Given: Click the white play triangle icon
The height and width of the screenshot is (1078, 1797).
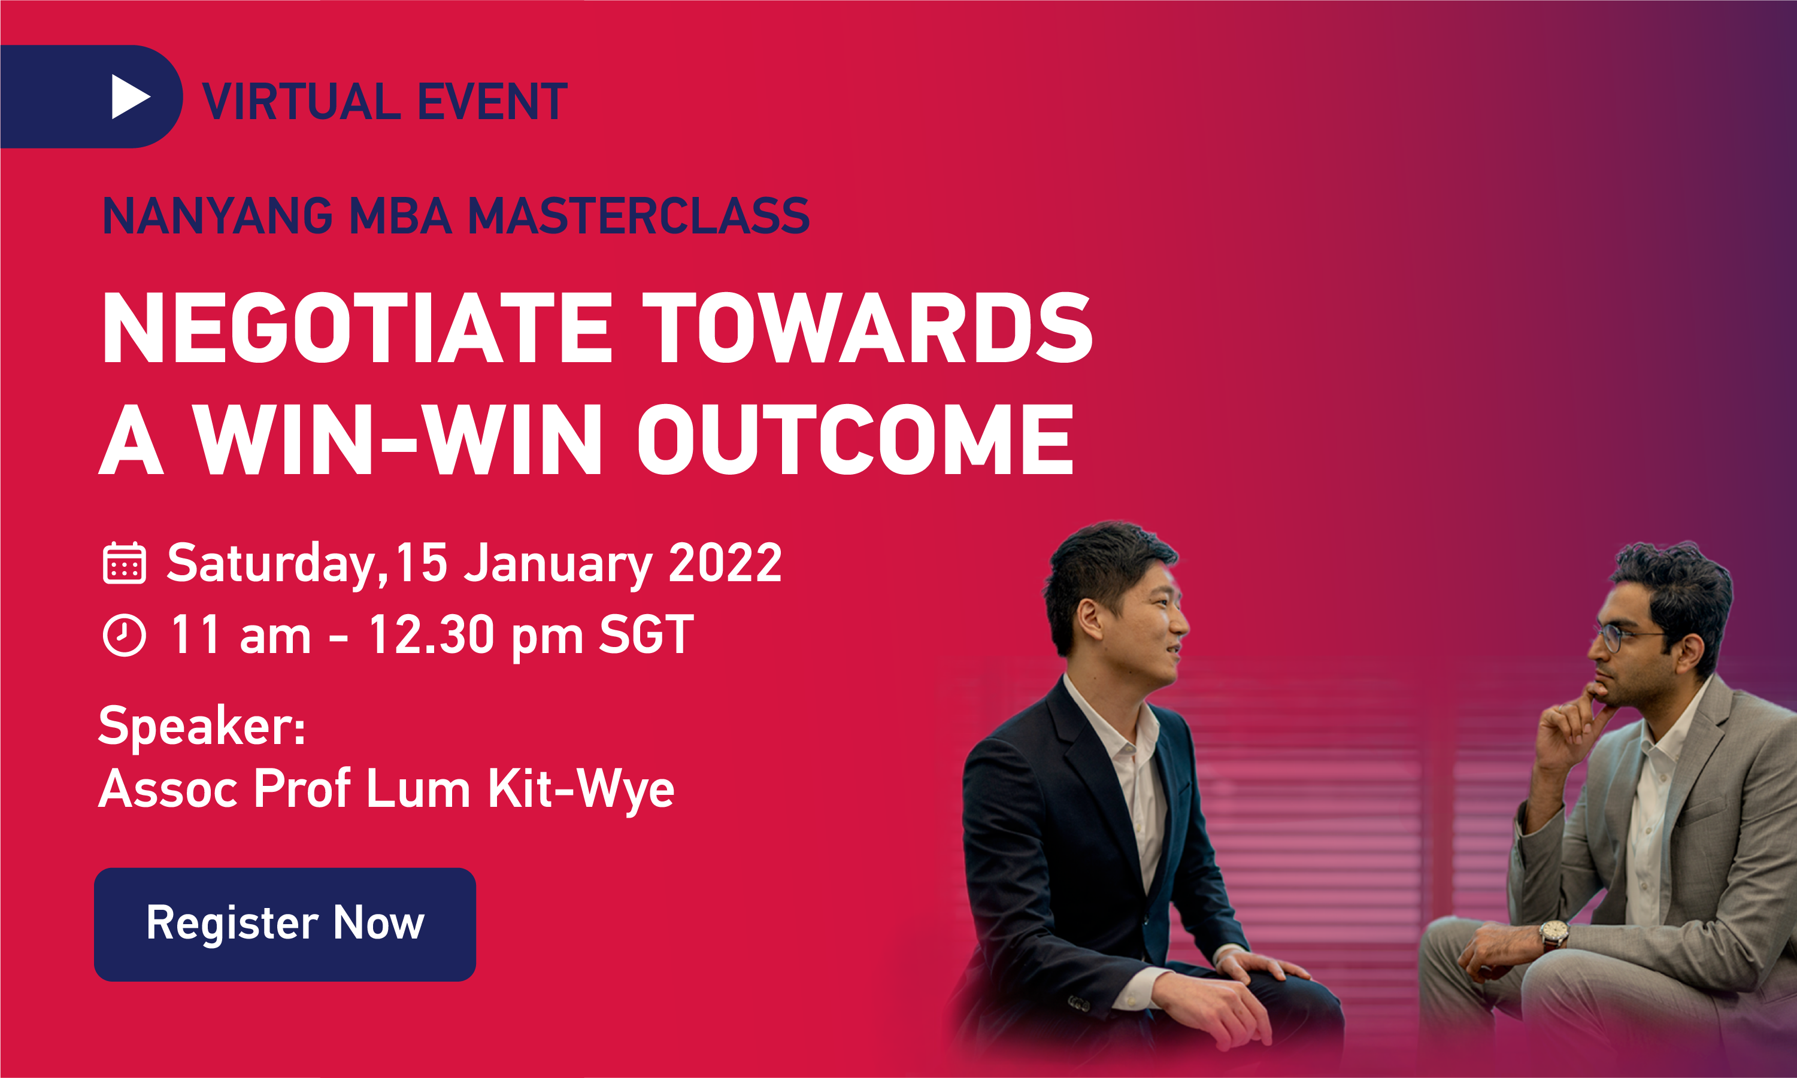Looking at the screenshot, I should click(x=129, y=96).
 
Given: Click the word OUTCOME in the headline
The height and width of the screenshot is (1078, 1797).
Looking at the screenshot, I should click(x=854, y=439).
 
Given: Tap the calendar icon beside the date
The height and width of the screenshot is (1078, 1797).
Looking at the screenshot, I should click(x=125, y=563).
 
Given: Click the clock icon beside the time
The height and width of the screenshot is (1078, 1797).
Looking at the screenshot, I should click(x=125, y=635).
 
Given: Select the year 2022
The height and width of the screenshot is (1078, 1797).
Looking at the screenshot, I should click(x=725, y=563).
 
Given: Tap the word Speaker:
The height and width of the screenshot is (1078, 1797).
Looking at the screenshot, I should click(x=202, y=725).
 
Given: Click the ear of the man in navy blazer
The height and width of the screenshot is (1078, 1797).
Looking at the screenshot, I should click(x=1090, y=620).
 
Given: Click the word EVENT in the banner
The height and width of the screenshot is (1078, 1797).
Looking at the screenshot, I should click(x=492, y=102).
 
